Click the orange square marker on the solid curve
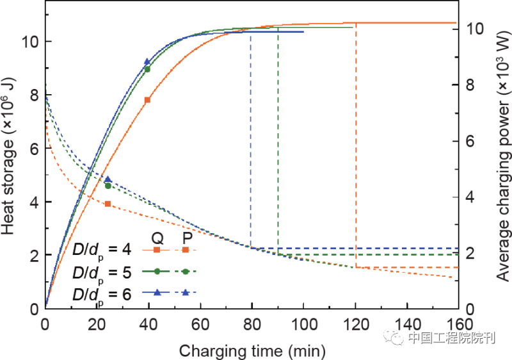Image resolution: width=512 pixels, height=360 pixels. tap(148, 100)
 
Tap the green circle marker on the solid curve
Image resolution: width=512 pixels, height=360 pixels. tap(148, 69)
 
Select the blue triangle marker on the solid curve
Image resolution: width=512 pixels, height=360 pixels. tap(148, 61)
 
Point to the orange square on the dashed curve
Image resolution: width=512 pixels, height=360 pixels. tap(108, 204)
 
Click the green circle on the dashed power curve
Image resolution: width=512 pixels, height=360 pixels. tap(108, 186)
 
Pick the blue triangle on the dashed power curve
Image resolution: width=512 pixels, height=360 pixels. tap(108, 179)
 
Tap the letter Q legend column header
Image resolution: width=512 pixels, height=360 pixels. tap(157, 236)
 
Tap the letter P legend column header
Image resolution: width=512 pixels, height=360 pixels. tap(186, 236)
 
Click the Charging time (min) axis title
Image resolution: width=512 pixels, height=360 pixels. tap(252, 350)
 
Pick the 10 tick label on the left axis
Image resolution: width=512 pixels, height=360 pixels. tap(31, 42)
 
